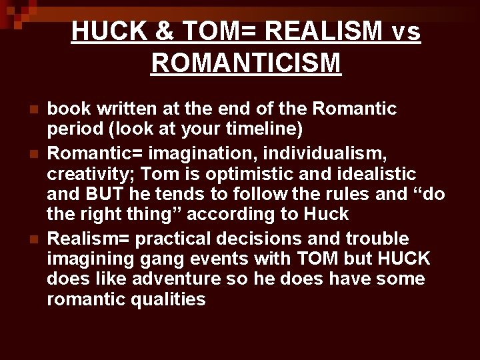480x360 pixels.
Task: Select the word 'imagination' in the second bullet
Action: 201,155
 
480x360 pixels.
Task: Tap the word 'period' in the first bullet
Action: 72,127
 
